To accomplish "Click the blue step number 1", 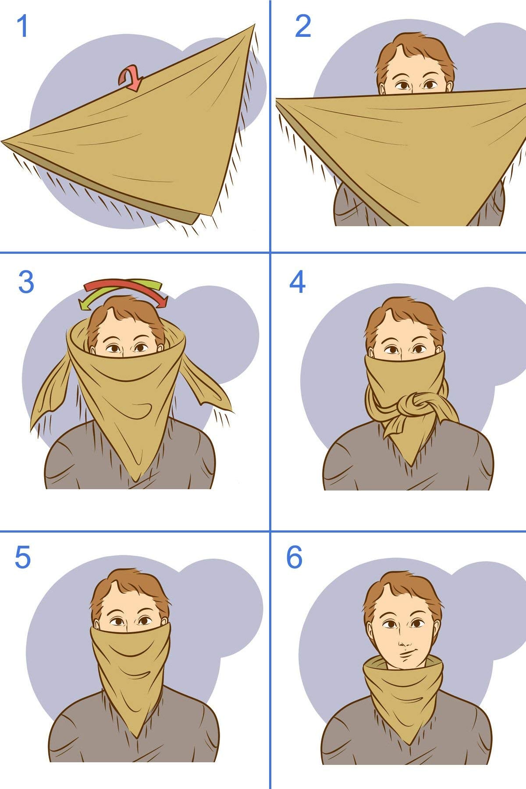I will (x=22, y=27).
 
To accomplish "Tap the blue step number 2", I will (x=303, y=26).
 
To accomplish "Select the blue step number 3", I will (x=26, y=282).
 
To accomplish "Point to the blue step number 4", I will (x=297, y=282).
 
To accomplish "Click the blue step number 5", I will (x=23, y=558).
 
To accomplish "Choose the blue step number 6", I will (x=294, y=558).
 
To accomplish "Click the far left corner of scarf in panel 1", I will (x=4, y=141).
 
